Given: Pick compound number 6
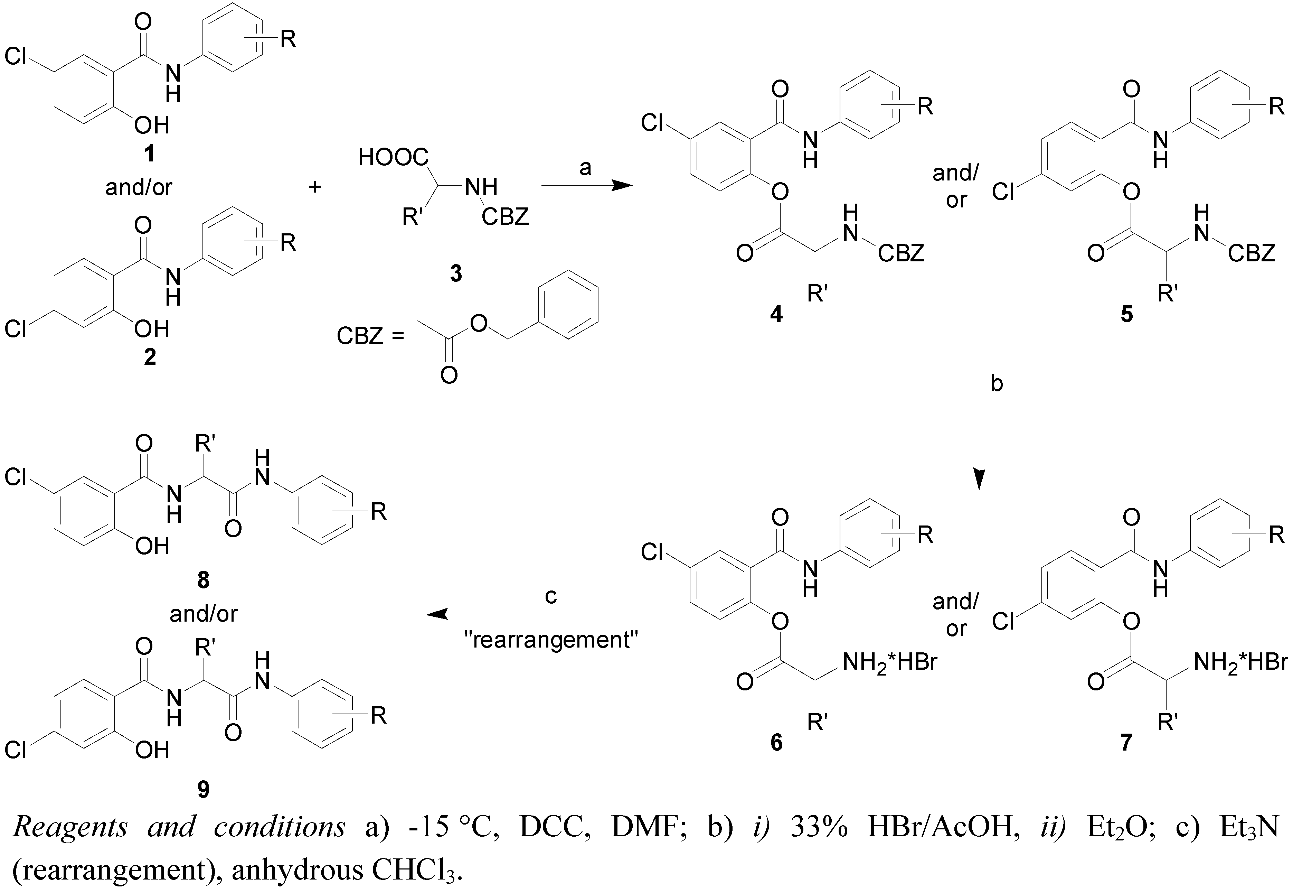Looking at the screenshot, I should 776,743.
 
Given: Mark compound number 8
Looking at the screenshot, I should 203,580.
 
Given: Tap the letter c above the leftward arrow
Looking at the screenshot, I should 551,596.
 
